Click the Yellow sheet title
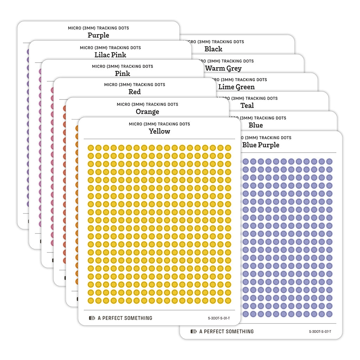[159, 131]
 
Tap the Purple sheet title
[98, 35]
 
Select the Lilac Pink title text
[110, 55]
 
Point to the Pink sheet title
[122, 73]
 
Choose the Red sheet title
[135, 92]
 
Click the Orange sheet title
[147, 112]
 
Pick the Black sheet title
[213, 49]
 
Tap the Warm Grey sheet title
[224, 68]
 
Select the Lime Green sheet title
[236, 87]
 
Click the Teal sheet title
[247, 105]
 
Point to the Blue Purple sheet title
[261, 145]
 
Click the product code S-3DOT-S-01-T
[219, 319]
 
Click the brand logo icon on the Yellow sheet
[92, 318]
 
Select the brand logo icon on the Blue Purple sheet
[193, 332]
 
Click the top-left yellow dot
[91, 148]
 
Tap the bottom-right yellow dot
[228, 301]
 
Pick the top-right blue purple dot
[329, 161]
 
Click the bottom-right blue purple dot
[329, 314]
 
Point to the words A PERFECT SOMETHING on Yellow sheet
[125, 318]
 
